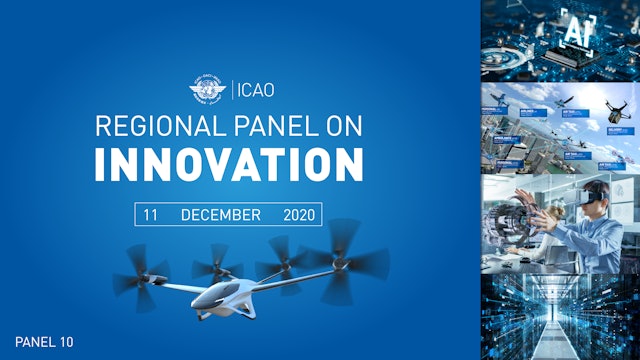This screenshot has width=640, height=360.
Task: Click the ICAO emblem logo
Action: [207, 91]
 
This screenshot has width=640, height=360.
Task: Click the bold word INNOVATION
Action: [229, 164]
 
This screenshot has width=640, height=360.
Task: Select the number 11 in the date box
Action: [151, 215]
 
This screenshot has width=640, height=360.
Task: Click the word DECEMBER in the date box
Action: [220, 215]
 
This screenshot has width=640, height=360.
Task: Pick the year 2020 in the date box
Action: [299, 215]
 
